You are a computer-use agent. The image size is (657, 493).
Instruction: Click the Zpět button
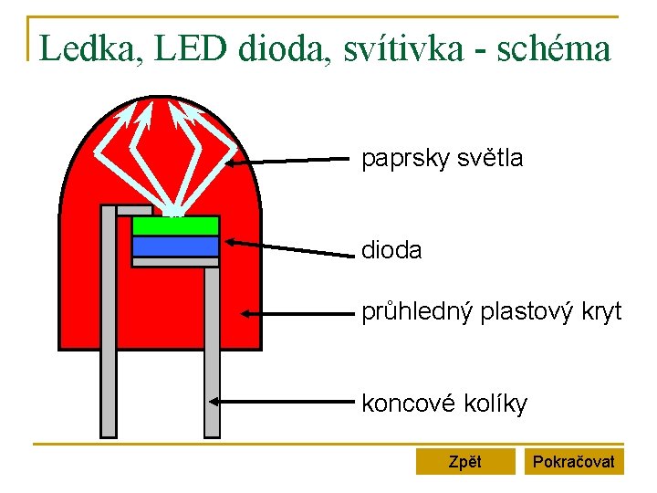465,462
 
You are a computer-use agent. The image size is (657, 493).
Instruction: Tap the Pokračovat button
573,462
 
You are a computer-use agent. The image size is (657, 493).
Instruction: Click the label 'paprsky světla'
442,159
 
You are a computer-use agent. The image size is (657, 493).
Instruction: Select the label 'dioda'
391,249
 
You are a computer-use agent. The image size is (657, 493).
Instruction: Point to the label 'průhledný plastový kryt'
491,312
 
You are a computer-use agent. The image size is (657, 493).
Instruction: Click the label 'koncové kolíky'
444,404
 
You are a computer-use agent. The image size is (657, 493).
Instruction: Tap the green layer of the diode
175,226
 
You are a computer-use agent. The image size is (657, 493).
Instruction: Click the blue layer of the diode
175,246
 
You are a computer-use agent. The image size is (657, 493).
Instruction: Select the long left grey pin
109,329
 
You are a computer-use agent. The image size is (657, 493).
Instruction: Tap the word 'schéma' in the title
555,48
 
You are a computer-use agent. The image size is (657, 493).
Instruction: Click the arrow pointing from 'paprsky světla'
287,162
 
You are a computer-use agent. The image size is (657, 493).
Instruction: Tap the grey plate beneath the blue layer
175,262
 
